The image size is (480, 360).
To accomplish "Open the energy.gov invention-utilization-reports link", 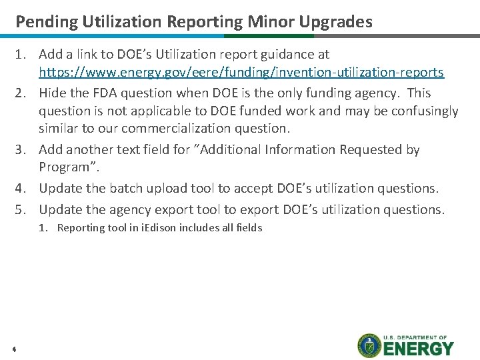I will coord(241,71).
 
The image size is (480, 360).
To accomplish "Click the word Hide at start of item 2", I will coord(51,93).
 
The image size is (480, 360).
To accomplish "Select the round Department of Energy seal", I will coord(369,345).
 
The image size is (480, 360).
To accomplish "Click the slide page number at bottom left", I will coord(14,349).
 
